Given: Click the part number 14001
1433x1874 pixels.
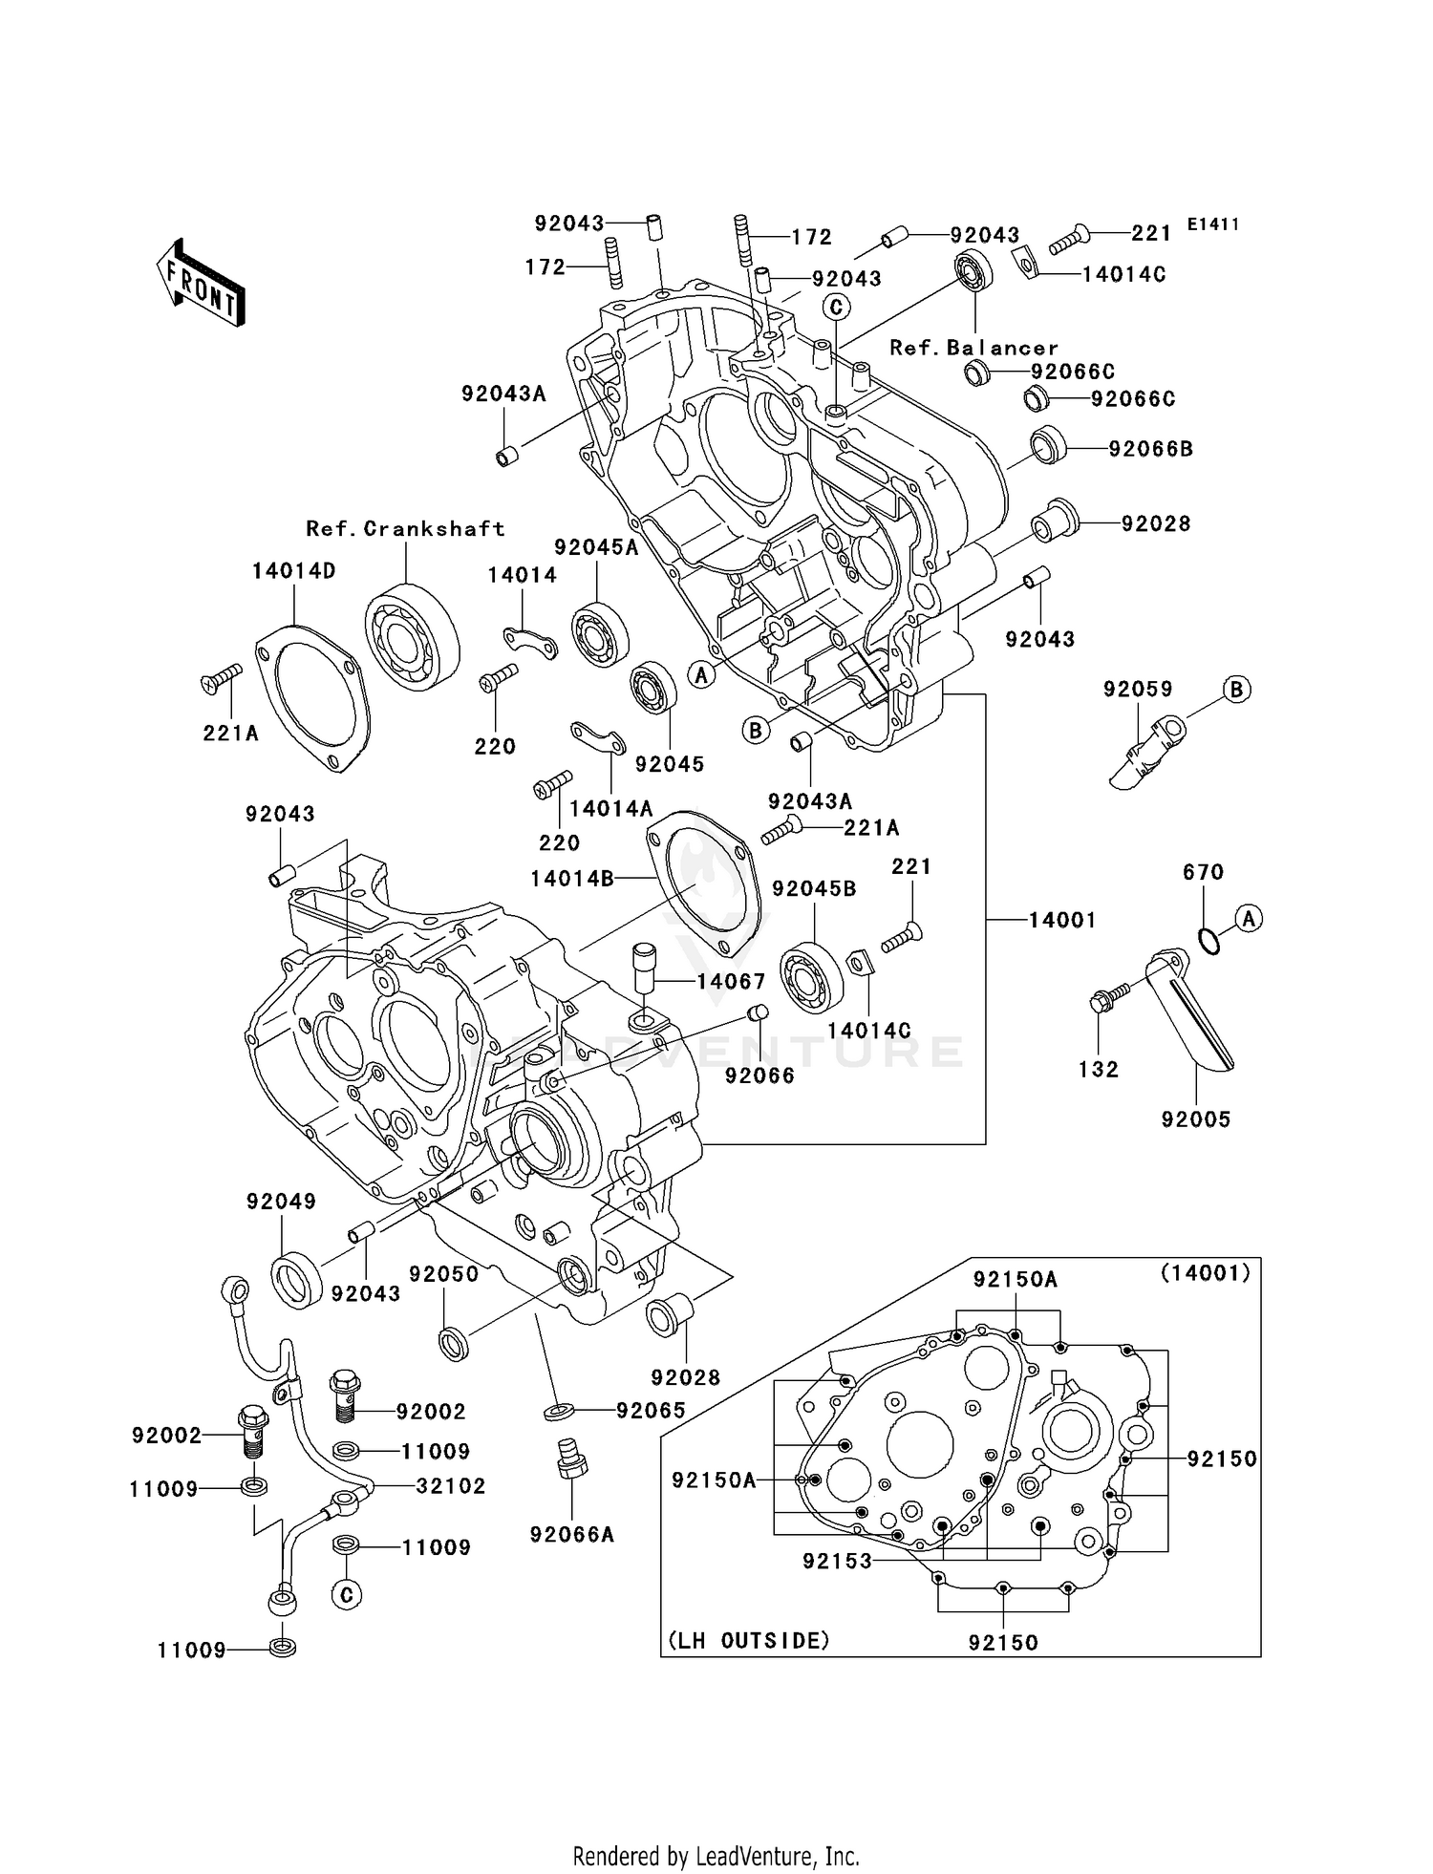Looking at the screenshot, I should click(1061, 920).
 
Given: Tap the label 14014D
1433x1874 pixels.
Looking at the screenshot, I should click(293, 571).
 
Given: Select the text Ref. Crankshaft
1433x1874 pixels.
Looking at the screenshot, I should click(405, 528).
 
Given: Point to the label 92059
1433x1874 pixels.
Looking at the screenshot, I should click(1138, 689).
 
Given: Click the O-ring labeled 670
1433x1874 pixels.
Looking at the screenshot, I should click(1208, 941).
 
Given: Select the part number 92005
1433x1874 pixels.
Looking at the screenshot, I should click(1196, 1118).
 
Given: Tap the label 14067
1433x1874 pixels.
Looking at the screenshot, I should click(731, 981).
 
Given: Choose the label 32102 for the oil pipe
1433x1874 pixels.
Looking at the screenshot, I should click(451, 1486).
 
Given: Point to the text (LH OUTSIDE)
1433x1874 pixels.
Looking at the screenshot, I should click(748, 1641).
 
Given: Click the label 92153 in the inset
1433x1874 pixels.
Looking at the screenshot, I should click(837, 1561).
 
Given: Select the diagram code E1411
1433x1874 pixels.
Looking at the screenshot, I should click(1213, 224).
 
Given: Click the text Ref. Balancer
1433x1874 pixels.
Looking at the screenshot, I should click(973, 348).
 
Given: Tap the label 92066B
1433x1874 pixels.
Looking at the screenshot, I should click(1150, 449).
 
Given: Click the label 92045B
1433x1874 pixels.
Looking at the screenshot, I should click(814, 888).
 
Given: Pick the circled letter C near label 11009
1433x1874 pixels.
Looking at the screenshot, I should click(346, 1595).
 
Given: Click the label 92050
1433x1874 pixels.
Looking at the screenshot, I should click(443, 1274).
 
